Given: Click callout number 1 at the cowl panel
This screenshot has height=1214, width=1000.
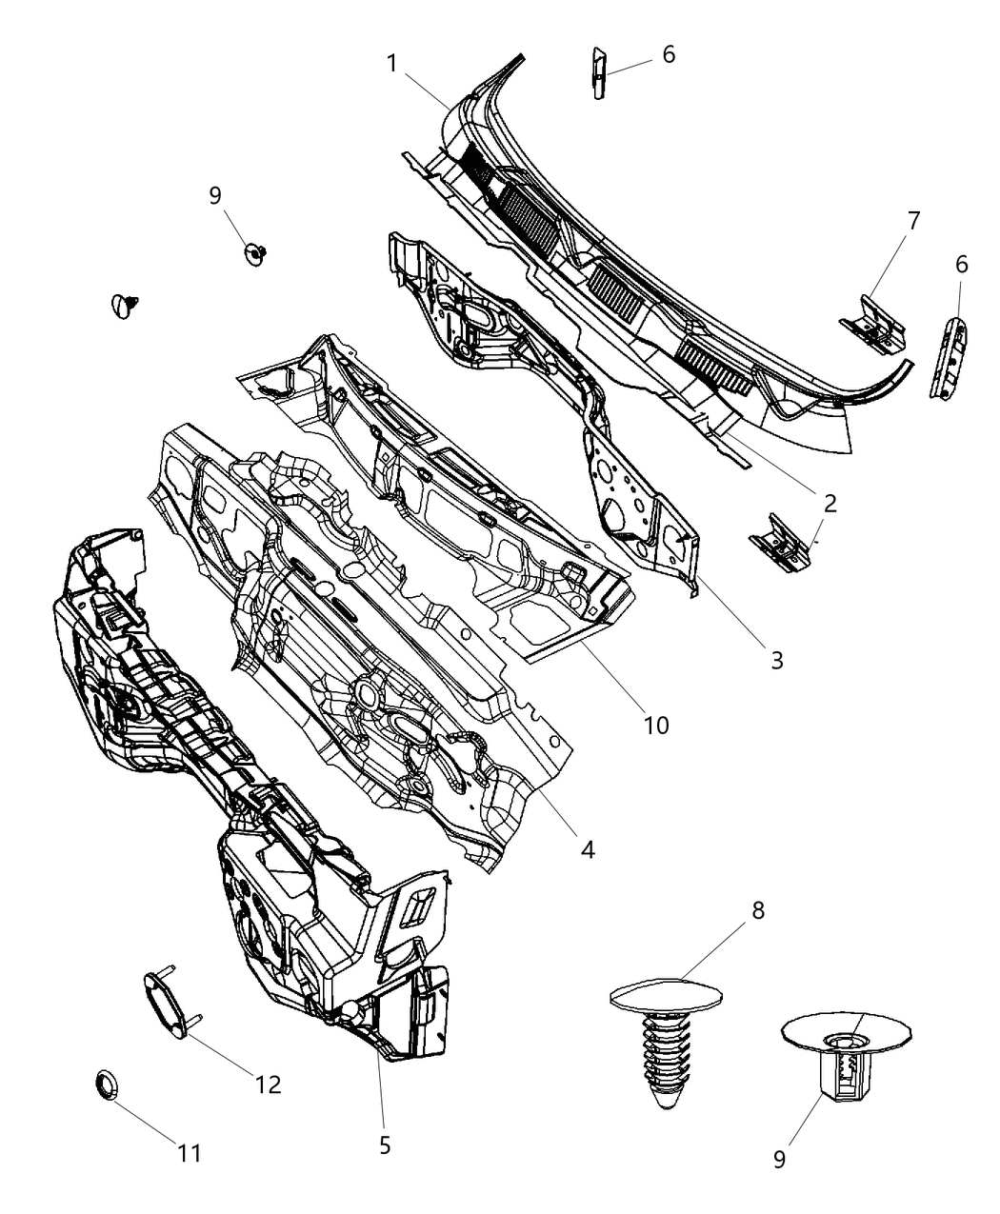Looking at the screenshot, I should click(391, 64).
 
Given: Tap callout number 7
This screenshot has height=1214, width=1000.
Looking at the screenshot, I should click(913, 222).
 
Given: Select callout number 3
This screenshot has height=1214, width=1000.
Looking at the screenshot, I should click(776, 659).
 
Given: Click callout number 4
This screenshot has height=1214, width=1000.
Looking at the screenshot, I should click(588, 848).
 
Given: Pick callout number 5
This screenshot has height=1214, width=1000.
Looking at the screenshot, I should click(385, 1144).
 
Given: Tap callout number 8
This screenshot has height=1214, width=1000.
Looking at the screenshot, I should click(757, 911).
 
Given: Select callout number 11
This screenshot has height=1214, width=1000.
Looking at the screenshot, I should click(190, 1153).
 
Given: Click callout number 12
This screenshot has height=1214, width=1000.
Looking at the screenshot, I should click(269, 1085).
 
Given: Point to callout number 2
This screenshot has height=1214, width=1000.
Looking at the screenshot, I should click(830, 504).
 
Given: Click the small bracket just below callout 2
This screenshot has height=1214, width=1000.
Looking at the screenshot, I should click(778, 544).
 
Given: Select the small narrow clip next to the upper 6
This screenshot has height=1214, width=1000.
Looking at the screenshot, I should click(597, 72).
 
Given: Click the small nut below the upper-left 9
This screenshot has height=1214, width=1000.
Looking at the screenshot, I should click(254, 252).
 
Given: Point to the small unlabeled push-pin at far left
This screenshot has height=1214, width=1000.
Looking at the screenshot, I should click(125, 305).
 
